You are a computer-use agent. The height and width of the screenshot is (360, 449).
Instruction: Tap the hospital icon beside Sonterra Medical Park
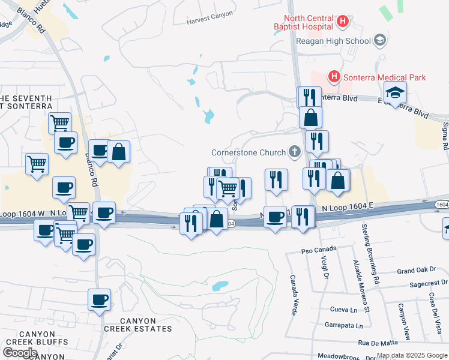click(x=334, y=77)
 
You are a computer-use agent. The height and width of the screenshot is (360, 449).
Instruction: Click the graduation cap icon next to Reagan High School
click(x=379, y=40)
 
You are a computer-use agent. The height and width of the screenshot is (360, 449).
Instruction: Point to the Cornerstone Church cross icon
click(x=294, y=152)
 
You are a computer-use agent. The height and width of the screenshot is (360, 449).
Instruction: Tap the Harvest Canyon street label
click(x=210, y=20)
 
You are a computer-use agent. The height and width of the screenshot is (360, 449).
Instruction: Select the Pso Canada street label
click(x=320, y=249)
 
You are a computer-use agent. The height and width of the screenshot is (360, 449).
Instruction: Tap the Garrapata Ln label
click(x=343, y=326)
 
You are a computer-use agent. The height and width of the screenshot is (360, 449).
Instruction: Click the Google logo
click(x=20, y=352)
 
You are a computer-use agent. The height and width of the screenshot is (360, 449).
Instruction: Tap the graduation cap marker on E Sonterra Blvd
click(x=396, y=92)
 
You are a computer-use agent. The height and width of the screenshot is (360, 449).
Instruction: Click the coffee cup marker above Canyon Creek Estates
click(x=99, y=299)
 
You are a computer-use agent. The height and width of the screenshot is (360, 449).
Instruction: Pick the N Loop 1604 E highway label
click(x=348, y=207)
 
